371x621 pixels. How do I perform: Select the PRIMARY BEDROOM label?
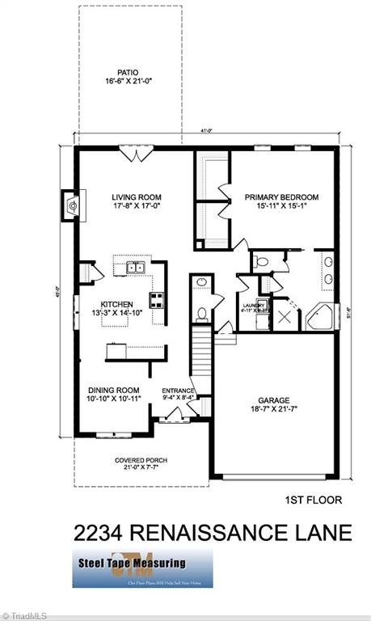coord(282,197)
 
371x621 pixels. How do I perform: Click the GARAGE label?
coord(273,400)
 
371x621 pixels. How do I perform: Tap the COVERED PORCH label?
coord(130,459)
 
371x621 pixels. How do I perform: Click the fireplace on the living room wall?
coord(74,206)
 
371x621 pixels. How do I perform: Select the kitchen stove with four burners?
coord(155,301)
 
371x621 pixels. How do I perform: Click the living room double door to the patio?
coord(133,151)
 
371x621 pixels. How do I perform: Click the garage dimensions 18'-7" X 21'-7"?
coord(273,411)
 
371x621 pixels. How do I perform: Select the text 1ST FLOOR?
coord(314,500)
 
